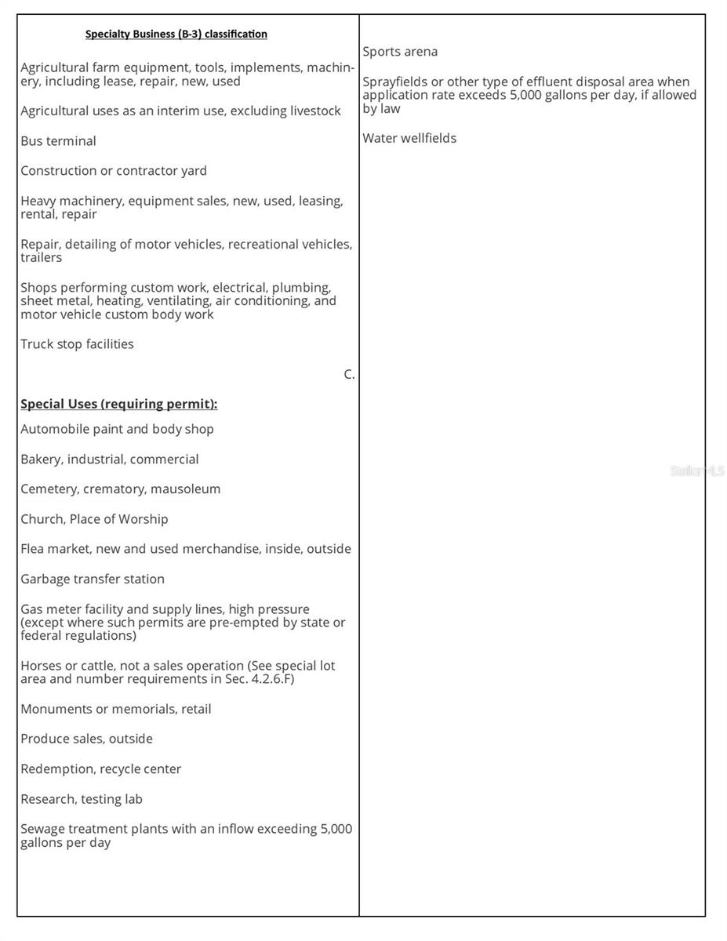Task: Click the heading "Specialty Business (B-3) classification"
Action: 176,34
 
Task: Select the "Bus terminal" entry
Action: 58,141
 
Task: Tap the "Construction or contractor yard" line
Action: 114,171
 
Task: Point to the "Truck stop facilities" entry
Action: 77,344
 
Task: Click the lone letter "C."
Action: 349,375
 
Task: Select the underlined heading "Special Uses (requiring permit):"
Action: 118,404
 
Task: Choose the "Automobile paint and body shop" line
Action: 117,429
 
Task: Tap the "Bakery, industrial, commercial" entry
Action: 109,460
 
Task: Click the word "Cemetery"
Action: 49,489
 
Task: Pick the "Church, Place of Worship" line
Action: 94,519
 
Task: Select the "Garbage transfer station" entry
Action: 93,579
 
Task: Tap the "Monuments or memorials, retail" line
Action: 115,709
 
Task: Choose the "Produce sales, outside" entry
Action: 86,739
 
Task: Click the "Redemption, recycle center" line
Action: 100,769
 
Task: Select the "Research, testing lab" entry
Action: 82,799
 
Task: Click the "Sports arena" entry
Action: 400,52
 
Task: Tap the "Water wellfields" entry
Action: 409,138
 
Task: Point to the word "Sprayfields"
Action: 394,82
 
